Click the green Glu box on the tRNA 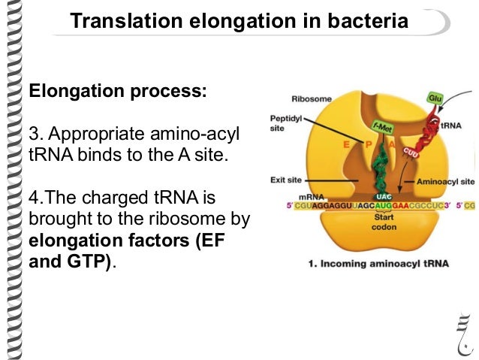[x=435, y=98]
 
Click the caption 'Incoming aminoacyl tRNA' [x=378, y=264]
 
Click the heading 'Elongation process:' [x=116, y=93]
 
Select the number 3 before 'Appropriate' [x=32, y=135]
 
